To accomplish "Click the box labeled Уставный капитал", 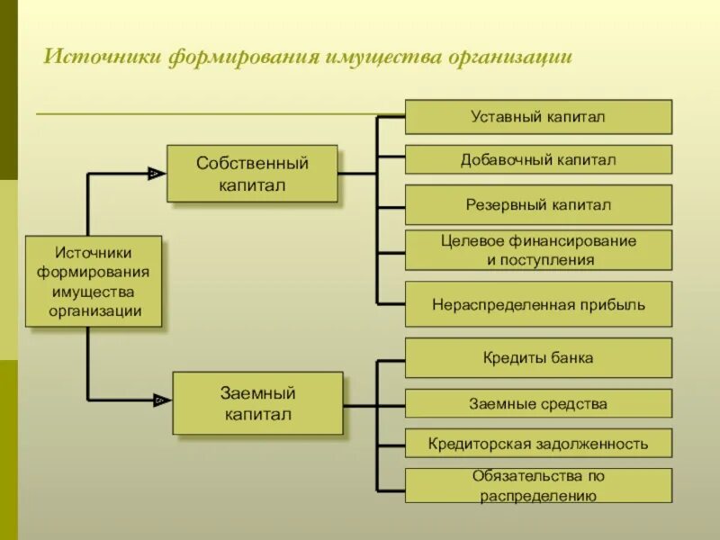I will (538, 117).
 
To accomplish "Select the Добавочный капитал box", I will (538, 159).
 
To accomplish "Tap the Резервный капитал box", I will (538, 204).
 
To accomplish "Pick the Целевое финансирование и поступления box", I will (538, 250).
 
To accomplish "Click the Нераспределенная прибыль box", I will (538, 304).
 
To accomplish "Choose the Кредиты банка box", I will (538, 357).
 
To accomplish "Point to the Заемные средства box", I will (538, 403).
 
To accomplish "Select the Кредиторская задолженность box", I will (538, 444).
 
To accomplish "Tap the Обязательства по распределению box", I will (538, 485).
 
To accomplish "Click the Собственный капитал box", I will (252, 174).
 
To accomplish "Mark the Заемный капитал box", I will (257, 403).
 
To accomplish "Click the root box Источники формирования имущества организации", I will (93, 282).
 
